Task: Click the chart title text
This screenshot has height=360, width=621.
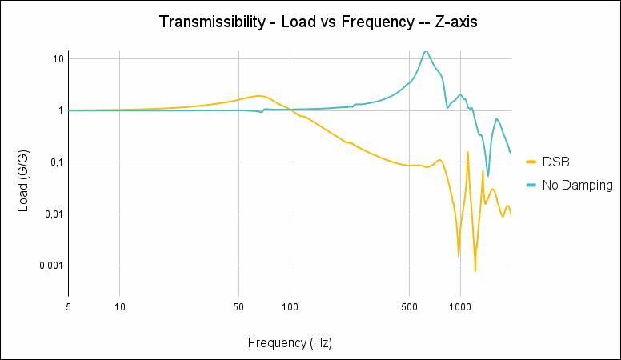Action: pyautogui.click(x=319, y=22)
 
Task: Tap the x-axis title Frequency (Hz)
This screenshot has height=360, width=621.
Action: pyautogui.click(x=290, y=343)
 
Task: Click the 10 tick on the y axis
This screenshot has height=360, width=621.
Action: pyautogui.click(x=58, y=59)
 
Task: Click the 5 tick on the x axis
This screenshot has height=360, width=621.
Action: pyautogui.click(x=69, y=306)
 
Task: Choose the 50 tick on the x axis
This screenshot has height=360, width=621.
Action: pyautogui.click(x=238, y=306)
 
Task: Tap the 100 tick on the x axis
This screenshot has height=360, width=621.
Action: pyautogui.click(x=290, y=306)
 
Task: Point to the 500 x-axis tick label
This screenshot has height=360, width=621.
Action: pyautogui.click(x=409, y=306)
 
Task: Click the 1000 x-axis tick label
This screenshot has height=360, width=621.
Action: pyautogui.click(x=459, y=306)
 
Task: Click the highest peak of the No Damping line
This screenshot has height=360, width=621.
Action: pyautogui.click(x=426, y=51)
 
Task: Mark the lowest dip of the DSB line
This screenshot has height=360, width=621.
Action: pyautogui.click(x=475, y=270)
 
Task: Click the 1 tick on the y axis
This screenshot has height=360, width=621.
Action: pyautogui.click(x=61, y=110)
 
